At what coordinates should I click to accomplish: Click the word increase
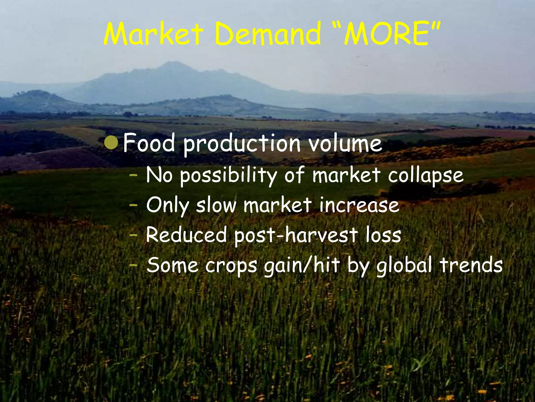(x=359, y=205)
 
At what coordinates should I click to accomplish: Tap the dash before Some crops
(x=134, y=265)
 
